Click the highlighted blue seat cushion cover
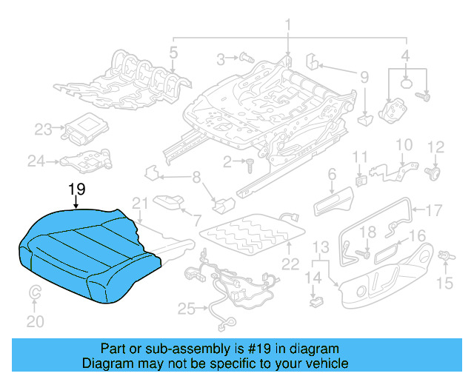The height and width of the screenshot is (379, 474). [x=89, y=252]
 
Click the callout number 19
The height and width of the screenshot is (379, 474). [x=76, y=191]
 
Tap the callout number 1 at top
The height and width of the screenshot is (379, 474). [x=288, y=27]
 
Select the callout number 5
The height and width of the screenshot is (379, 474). [x=173, y=53]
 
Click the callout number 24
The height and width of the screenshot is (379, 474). [x=36, y=159]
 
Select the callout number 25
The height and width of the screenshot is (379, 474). [x=184, y=307]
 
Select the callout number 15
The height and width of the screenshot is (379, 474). [x=444, y=282]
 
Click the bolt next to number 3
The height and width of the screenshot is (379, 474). [x=247, y=58]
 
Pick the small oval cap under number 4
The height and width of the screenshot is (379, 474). [x=407, y=84]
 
